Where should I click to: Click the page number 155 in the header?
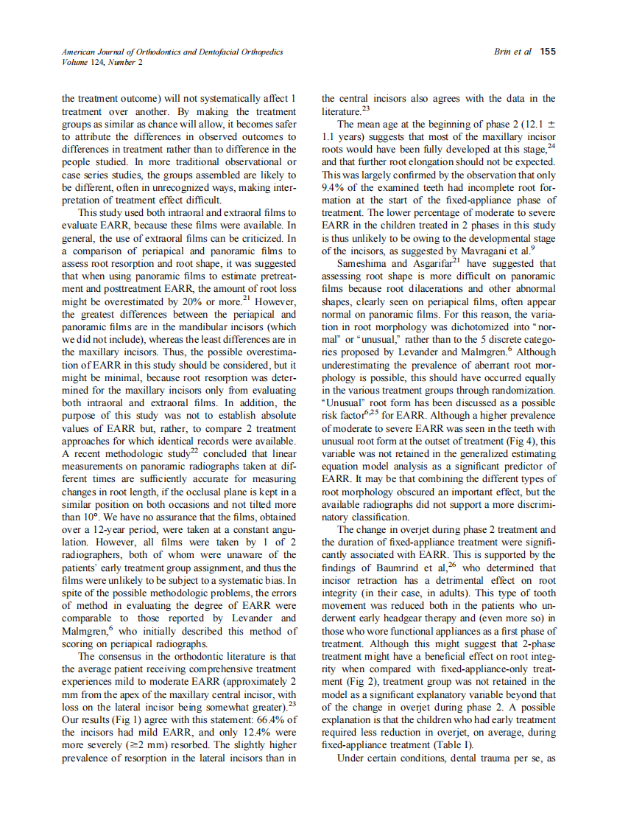[547, 52]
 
